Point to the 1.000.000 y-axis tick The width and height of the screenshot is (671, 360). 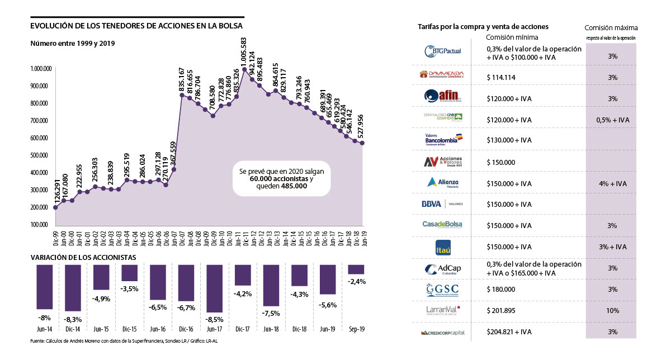tap(41, 69)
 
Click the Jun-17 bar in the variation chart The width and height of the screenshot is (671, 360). tap(215, 288)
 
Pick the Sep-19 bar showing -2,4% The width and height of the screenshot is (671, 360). tap(356, 269)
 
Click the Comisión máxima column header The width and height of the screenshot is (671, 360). tap(611, 27)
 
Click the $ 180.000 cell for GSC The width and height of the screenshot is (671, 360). tap(500, 289)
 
